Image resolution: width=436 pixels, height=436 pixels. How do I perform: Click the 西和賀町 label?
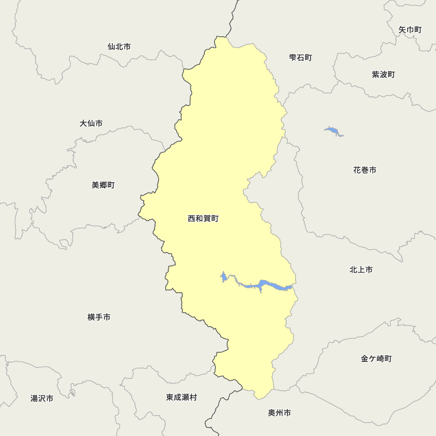(x=203, y=219)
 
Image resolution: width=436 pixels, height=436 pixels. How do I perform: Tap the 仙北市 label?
(x=119, y=47)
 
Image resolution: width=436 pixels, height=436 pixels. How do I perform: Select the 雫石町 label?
(x=300, y=58)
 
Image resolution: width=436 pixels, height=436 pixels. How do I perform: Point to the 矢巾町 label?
(x=410, y=30)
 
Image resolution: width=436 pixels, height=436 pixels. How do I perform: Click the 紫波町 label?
(x=383, y=75)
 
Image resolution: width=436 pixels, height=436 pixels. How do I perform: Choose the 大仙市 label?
(x=91, y=124)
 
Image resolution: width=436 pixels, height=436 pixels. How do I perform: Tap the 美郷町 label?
(x=103, y=185)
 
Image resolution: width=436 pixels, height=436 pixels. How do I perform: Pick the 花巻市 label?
(x=365, y=170)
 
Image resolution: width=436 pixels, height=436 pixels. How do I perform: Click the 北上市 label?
(x=361, y=270)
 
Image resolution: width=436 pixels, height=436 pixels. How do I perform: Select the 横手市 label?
(x=99, y=317)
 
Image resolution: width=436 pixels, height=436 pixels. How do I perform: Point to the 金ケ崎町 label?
(x=376, y=359)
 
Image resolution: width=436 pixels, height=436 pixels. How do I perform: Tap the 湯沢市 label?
(x=42, y=399)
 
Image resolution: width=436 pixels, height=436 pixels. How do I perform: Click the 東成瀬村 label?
(x=181, y=398)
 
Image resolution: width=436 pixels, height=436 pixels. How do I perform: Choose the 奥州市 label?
(x=279, y=413)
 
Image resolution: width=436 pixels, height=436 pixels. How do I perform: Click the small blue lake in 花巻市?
(x=333, y=130)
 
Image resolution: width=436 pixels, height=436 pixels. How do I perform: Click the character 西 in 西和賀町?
(x=191, y=219)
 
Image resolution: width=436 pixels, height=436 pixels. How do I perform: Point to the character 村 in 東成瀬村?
(x=193, y=398)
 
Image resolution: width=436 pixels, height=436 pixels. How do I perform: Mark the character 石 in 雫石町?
(x=300, y=58)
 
